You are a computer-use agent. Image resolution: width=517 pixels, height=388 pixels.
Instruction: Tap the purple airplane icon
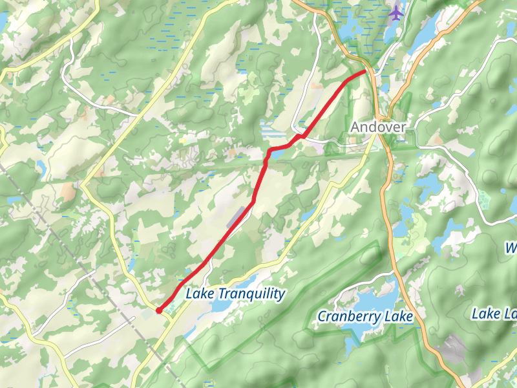(396, 12)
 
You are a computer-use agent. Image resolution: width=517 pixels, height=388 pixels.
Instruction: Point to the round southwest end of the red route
(159, 311)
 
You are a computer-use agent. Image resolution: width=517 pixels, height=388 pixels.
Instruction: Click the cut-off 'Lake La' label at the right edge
(494, 314)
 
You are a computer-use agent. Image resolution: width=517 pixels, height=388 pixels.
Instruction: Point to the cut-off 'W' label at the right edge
(511, 248)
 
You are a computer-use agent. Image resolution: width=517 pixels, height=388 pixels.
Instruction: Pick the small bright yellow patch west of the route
(183, 139)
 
